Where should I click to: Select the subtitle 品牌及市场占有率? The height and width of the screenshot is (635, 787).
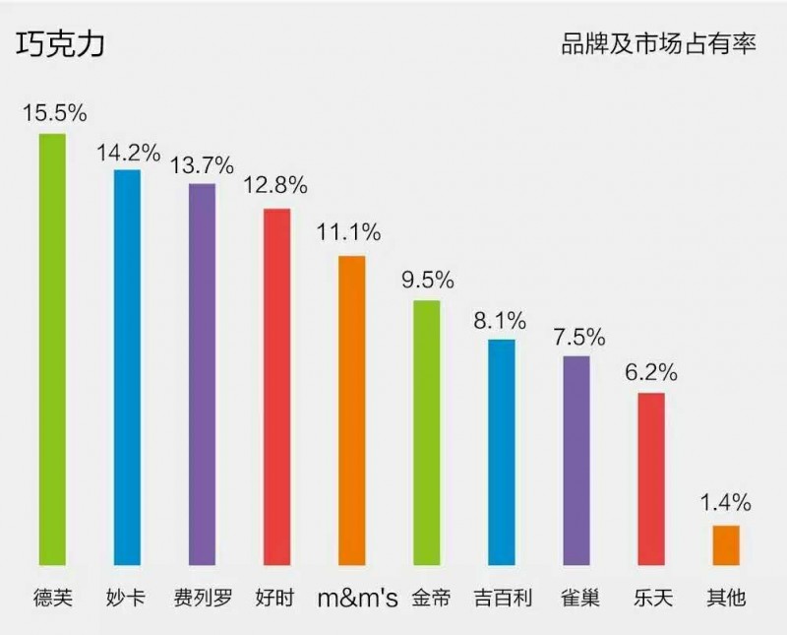point(658,44)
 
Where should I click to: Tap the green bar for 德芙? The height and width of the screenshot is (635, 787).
point(52,349)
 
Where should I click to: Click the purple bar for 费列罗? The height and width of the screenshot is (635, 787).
point(202,374)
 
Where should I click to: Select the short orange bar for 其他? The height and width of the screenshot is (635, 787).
point(726,545)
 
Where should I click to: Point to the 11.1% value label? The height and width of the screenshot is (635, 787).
point(348,233)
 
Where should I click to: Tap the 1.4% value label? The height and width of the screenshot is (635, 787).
point(726,503)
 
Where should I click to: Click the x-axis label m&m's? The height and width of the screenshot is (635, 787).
point(357,599)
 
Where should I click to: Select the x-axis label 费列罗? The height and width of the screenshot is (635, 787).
point(203,598)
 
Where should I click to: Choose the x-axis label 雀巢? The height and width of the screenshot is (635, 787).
point(575,598)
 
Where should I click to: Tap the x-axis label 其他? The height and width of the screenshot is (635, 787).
point(726,598)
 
